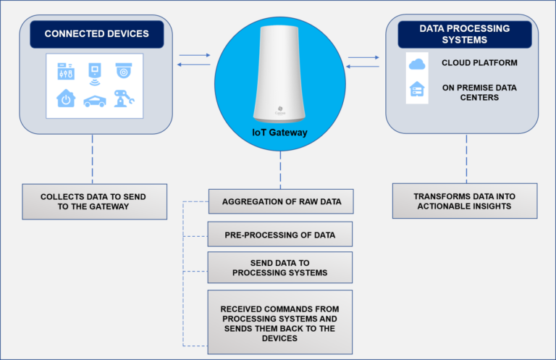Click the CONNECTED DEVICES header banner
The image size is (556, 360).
tap(97, 34)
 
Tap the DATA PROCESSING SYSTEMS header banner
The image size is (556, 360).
tap(465, 34)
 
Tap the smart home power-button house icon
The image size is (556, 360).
tap(66, 99)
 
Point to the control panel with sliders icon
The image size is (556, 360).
tap(66, 72)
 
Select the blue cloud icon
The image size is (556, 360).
tap(417, 64)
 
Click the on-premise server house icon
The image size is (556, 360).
tap(417, 91)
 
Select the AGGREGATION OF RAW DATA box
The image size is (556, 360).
tap(280, 201)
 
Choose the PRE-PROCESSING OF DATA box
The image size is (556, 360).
tap(280, 234)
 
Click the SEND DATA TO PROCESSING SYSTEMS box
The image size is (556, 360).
tap(280, 267)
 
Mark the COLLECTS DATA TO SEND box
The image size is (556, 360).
tap(94, 201)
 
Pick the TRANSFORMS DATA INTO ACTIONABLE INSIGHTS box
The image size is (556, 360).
tap(465, 201)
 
